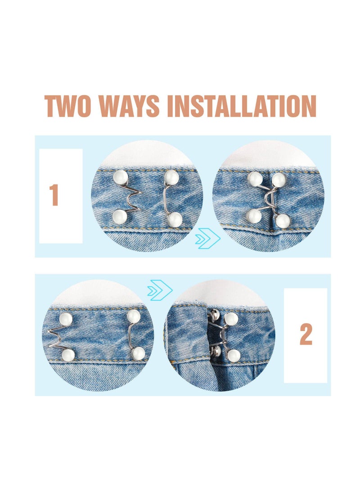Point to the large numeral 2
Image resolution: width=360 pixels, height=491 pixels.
306,335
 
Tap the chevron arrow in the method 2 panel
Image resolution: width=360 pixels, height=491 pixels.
160,288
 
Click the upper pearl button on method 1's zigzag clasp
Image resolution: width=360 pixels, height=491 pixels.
120,176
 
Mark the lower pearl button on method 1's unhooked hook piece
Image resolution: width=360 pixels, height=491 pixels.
175,220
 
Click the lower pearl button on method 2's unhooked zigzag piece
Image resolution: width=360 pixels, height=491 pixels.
68,355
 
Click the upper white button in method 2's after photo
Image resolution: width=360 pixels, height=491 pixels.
231,319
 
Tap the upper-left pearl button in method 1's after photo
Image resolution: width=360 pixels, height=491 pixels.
255,179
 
